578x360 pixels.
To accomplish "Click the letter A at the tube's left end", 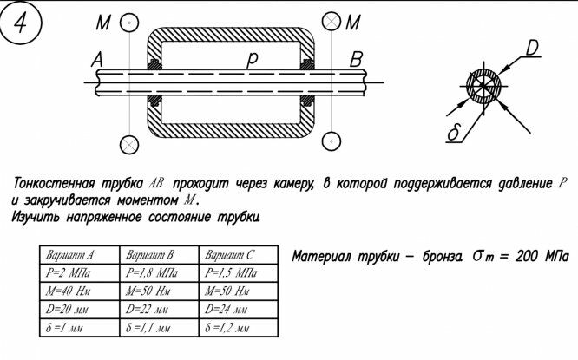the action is (96, 61).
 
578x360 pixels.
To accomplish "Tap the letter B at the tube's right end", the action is (356, 61).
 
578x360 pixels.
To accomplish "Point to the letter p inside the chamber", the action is (253, 60).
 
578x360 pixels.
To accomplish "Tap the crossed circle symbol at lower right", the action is (332, 141).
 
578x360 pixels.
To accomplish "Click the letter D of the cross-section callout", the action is (532, 45).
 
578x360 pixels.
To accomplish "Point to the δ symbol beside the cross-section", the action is (451, 134).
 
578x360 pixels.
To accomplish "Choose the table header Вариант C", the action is (230, 256).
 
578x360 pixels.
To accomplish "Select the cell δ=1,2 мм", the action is (230, 330).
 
